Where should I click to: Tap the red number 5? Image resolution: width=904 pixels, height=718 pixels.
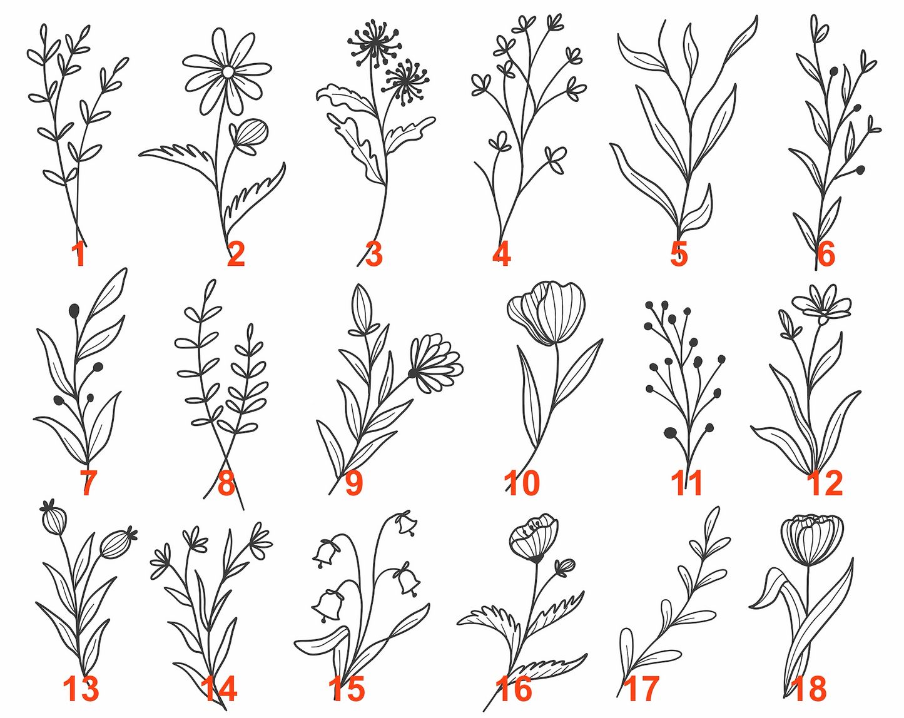coord(679,253)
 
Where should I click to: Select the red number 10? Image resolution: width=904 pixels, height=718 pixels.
coord(521,483)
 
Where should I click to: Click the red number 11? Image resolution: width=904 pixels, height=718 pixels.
coord(686,483)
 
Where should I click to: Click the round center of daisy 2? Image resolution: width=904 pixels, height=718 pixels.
coord(228,73)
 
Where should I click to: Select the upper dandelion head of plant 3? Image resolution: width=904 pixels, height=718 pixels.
coord(373,43)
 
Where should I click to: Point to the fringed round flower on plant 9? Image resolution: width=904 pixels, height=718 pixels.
coord(435,363)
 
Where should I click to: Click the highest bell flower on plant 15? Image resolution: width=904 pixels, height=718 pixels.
coord(407,523)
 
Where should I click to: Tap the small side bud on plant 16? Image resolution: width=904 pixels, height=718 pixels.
coord(566,568)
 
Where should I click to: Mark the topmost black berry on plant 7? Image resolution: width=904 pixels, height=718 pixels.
coord(74,310)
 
